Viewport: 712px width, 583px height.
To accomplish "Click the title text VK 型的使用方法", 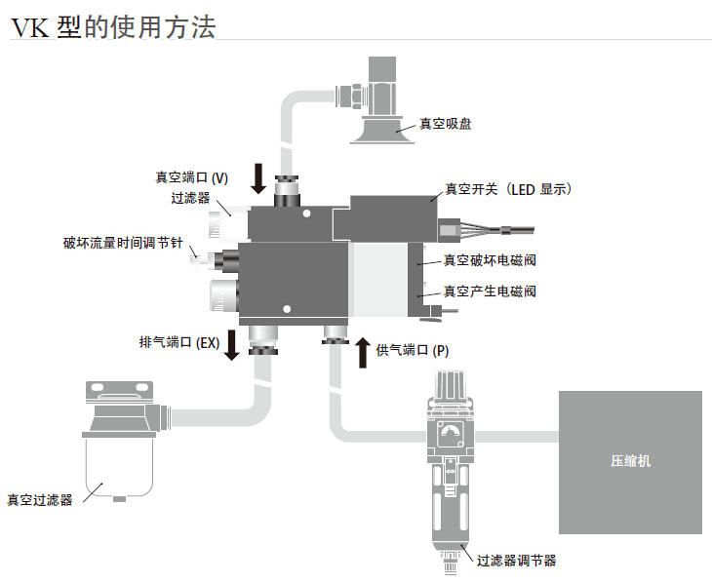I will point(112,24).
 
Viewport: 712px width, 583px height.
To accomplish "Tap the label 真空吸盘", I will point(446,124).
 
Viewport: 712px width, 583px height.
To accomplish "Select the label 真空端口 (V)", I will point(191,177).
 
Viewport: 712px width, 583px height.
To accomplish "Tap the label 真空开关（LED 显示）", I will point(507,189).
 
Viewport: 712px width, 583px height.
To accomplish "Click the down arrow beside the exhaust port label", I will point(232,345).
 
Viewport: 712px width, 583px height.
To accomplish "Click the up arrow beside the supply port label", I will point(362,350).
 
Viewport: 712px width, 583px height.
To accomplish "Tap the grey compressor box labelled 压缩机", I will point(629,461).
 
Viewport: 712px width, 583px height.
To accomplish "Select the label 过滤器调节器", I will point(516,561).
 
